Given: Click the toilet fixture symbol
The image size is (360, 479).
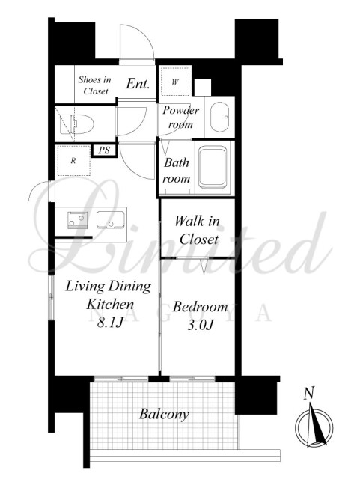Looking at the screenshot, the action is tap(76, 124).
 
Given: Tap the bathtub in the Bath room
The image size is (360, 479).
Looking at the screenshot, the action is tap(213, 166).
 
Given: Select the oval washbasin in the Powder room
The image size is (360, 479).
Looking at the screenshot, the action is tap(219, 117).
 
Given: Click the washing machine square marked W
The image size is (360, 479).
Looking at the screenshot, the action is tap(175, 82).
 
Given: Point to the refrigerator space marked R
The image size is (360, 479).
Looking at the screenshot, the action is tap(73, 161).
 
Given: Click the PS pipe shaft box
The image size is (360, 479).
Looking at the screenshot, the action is tap(104, 150).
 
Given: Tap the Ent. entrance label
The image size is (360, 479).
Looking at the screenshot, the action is tap(138, 84).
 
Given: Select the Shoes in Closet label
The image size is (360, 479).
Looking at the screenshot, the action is tap(94, 85).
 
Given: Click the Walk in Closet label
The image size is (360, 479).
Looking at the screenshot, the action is tap(198, 230).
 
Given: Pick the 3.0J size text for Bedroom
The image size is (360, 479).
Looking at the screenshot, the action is tap(200, 326).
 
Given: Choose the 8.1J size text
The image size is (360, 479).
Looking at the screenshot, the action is tap(110, 323).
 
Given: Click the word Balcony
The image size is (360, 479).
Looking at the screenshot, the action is tap(164, 415).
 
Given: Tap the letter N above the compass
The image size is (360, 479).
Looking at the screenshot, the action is tap(309, 393).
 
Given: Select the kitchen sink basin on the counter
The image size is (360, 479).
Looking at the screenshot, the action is tap(110, 219).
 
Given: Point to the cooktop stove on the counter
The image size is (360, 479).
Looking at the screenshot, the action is tap(77, 219).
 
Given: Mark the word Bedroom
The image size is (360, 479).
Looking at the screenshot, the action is tap(200, 306).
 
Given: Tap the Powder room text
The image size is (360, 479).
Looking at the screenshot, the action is tap(180, 118).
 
